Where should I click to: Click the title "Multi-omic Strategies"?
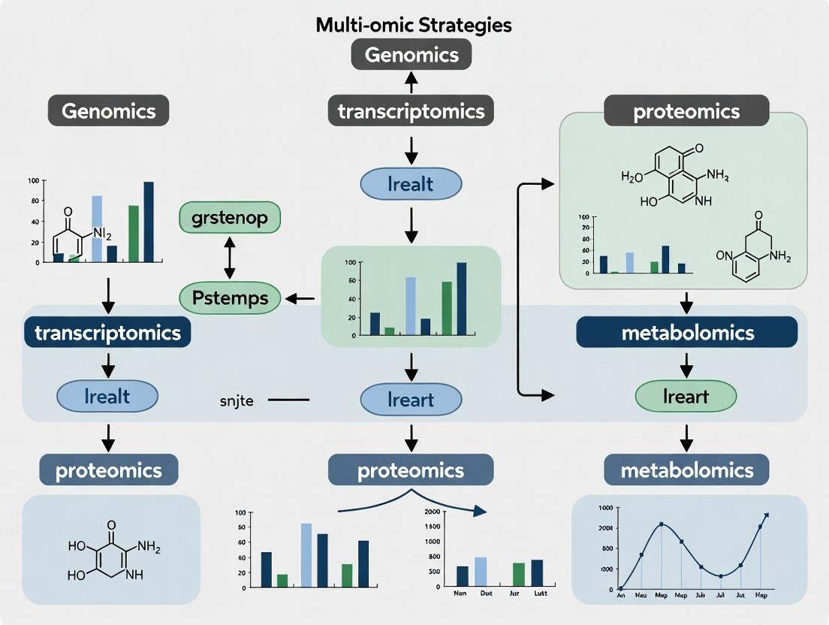[414, 24]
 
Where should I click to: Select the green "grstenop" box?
[229, 218]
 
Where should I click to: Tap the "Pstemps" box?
[230, 298]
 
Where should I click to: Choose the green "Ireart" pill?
[686, 396]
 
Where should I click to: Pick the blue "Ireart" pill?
[411, 400]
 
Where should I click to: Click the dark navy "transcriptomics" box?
[107, 332]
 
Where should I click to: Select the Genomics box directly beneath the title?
[411, 55]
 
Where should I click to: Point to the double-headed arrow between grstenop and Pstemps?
[230, 258]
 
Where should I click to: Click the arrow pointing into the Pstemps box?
[300, 299]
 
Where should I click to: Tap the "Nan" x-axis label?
[461, 593]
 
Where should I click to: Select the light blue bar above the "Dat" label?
[481, 570]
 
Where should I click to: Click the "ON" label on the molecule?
[724, 255]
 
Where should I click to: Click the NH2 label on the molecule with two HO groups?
[149, 548]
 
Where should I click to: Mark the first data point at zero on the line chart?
[621, 588]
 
